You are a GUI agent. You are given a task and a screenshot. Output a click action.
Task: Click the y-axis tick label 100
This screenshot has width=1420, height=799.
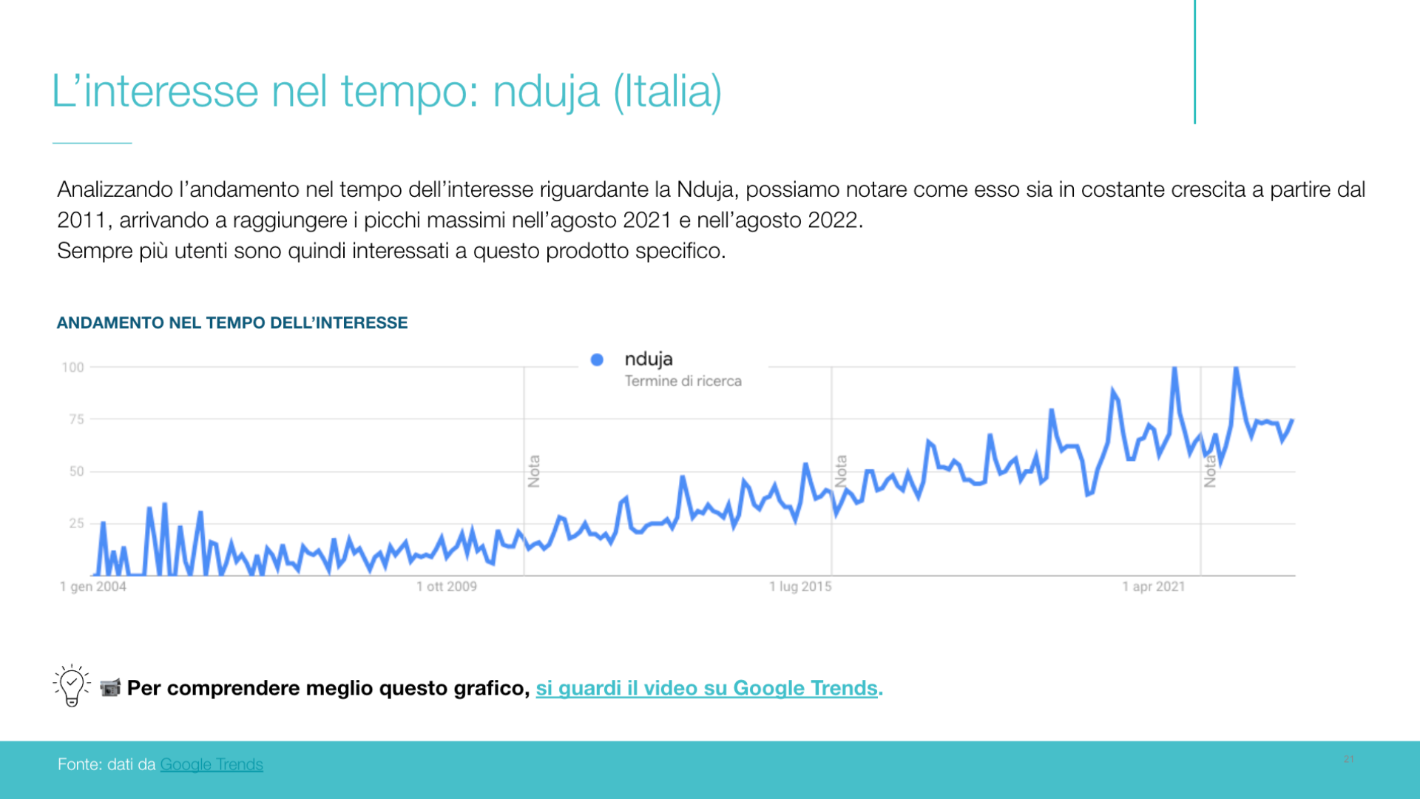tap(72, 368)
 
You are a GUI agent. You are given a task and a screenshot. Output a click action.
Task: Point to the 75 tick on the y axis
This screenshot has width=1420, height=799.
tap(76, 419)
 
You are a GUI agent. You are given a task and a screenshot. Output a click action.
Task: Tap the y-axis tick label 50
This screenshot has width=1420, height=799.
tap(76, 471)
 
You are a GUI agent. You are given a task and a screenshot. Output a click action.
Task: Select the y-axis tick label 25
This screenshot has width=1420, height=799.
tap(76, 524)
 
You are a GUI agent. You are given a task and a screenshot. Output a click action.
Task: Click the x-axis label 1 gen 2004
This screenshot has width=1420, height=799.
tap(93, 587)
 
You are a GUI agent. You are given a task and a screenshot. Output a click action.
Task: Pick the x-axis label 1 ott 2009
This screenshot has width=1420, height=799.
tap(447, 587)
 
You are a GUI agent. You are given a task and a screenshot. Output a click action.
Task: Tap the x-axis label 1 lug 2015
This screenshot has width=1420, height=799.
tap(800, 587)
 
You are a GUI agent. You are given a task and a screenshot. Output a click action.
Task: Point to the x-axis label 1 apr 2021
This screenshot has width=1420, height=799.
tap(1154, 587)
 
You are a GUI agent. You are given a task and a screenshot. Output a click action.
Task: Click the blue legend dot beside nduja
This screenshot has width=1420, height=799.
tap(597, 360)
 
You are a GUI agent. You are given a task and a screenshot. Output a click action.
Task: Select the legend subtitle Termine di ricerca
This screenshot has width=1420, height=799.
tap(683, 381)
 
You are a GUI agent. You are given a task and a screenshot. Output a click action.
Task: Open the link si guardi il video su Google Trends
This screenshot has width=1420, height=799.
tap(706, 688)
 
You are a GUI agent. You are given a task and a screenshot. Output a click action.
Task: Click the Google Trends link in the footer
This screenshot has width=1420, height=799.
tap(212, 764)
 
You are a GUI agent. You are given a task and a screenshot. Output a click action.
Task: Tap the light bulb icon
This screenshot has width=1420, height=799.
tap(72, 685)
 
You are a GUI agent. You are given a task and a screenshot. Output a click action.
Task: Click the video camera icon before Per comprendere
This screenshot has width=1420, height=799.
tap(110, 688)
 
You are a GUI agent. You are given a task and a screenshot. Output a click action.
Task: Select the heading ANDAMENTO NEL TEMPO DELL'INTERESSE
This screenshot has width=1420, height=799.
tap(232, 323)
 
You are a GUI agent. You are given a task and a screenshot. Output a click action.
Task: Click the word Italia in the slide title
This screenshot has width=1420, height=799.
tap(668, 92)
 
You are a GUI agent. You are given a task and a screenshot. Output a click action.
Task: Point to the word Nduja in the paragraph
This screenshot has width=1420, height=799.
tap(705, 190)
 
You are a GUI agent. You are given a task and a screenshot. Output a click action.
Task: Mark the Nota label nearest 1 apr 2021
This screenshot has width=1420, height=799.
tap(1210, 471)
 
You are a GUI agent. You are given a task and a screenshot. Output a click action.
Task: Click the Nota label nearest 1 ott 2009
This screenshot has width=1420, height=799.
tap(534, 471)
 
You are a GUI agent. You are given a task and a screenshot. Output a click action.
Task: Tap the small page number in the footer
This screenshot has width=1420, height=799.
tap(1349, 759)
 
